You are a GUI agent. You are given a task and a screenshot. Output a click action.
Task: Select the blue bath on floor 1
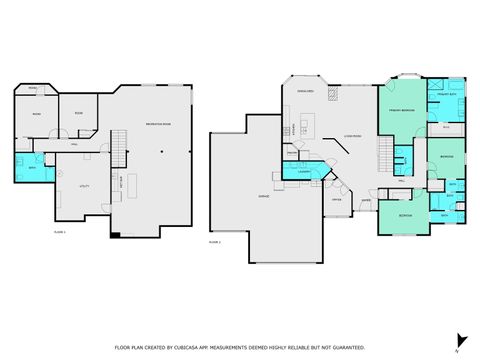coord(27,167)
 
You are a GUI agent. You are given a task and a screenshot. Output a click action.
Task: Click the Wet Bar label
coord(122,183)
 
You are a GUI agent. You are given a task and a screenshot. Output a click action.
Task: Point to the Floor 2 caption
coord(215,241)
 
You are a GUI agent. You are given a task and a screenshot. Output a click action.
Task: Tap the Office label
coord(337,199)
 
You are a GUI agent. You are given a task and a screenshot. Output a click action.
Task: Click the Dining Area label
coord(307,91)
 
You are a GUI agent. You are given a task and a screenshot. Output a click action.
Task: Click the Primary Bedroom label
coord(403,110)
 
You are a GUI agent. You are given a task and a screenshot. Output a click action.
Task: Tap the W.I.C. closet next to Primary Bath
coord(446,128)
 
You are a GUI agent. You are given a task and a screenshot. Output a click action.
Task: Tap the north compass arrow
coord(458,340)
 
